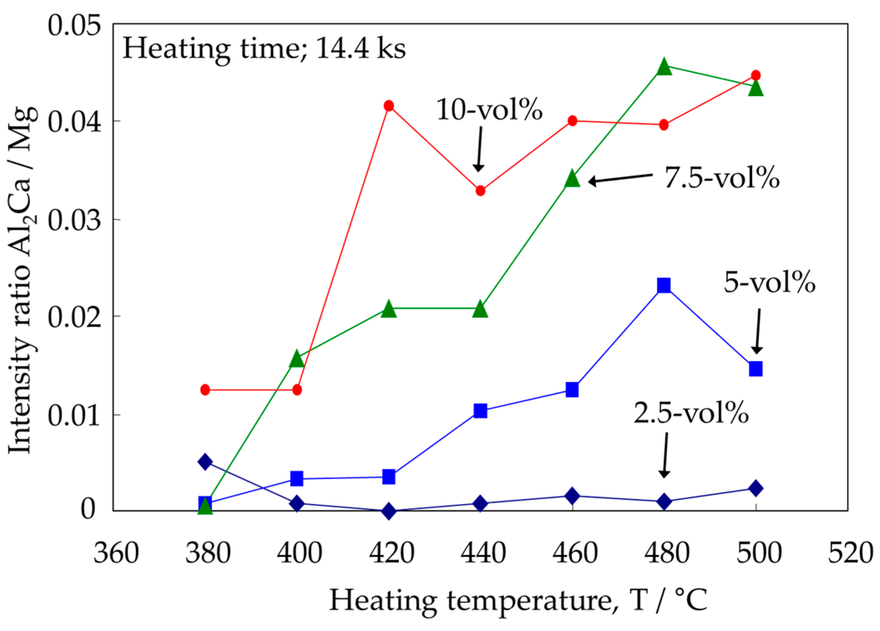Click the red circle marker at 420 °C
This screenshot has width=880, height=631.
(389, 106)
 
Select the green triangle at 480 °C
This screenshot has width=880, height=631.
(664, 67)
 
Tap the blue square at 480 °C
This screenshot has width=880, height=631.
(664, 286)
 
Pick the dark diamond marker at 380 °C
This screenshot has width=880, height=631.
(205, 462)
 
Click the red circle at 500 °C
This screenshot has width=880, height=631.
(756, 76)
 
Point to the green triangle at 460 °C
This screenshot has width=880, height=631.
(572, 179)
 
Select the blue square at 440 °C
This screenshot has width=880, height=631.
(480, 411)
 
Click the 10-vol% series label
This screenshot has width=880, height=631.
(489, 110)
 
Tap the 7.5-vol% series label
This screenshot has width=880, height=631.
(722, 177)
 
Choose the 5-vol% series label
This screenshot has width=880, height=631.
(769, 282)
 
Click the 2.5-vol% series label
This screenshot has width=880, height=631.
(691, 413)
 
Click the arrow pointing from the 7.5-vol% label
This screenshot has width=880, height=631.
(620, 178)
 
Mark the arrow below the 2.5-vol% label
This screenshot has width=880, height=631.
(665, 455)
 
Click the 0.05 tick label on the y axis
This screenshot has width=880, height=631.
(74, 25)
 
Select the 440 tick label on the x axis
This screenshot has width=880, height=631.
(483, 553)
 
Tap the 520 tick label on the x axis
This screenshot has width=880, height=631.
(850, 553)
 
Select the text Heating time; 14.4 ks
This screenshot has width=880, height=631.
(264, 48)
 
